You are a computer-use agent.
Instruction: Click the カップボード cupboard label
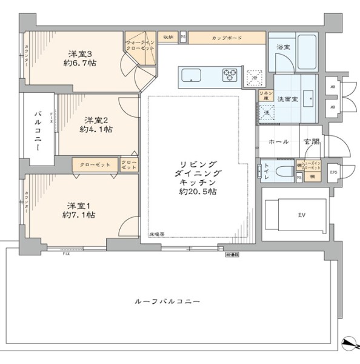(x=227, y=38)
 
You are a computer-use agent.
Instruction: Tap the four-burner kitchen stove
(x=231, y=75)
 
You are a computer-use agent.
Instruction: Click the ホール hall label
(x=278, y=141)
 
